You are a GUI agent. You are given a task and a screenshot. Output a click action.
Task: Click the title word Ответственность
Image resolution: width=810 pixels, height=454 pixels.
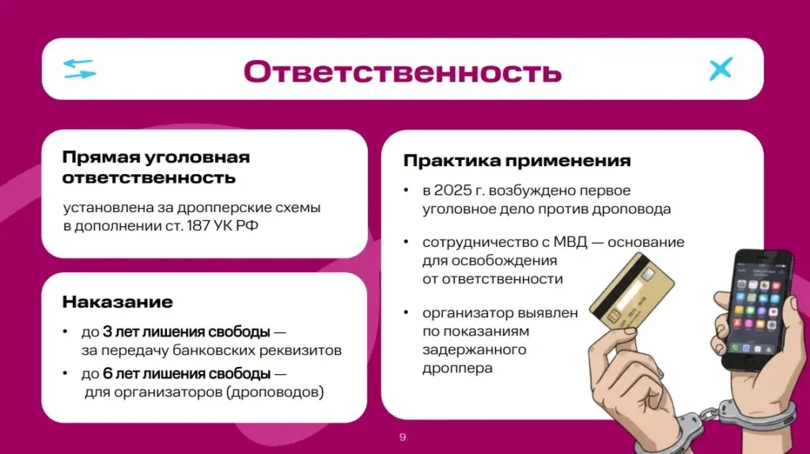[403, 71]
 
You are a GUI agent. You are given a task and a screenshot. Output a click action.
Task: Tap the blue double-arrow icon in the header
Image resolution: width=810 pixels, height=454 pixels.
[79, 69]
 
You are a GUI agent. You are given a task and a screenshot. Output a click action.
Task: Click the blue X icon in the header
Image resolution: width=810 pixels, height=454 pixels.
[721, 69]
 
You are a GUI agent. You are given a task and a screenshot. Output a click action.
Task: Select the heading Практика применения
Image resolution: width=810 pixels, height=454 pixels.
[517, 161]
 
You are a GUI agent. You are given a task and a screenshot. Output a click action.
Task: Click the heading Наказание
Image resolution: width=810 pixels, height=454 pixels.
[117, 301]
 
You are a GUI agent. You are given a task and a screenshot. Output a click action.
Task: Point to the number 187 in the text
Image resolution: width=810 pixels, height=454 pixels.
[198, 225]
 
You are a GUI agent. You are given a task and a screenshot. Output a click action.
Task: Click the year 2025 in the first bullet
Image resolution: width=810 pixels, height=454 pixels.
[453, 190]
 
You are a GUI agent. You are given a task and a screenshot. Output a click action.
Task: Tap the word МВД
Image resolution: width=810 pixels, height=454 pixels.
[570, 242]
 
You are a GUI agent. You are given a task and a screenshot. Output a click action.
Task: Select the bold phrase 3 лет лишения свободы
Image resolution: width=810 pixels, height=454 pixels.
[186, 331]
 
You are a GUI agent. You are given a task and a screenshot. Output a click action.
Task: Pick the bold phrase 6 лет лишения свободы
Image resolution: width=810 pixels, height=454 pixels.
[186, 373]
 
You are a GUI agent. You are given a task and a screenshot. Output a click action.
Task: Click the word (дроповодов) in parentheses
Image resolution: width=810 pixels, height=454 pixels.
[274, 392]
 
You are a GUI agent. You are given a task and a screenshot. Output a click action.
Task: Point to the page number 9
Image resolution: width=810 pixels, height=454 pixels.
[403, 437]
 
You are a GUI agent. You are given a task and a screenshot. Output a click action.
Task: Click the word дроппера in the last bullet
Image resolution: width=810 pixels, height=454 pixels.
[457, 369]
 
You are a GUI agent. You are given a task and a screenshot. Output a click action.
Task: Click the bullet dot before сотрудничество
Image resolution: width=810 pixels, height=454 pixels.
[406, 242]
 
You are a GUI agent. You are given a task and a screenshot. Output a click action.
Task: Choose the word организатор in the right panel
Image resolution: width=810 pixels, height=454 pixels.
[467, 313]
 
